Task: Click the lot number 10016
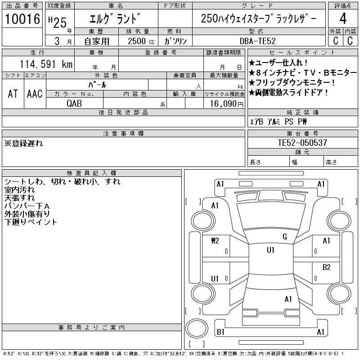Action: [x=22, y=19]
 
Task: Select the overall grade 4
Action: [x=343, y=18]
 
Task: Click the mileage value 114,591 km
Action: [x=46, y=64]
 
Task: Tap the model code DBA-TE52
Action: [x=257, y=41]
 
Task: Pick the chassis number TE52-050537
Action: [x=302, y=143]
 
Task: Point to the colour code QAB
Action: [x=74, y=103]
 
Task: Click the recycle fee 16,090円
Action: [x=227, y=104]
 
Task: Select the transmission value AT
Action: [x=13, y=94]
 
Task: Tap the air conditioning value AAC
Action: [x=35, y=94]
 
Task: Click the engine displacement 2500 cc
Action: [x=141, y=41]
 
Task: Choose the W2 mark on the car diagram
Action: [x=215, y=241]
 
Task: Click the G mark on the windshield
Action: [x=285, y=237]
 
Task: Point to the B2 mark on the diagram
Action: [x=326, y=267]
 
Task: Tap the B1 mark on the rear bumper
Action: [x=220, y=332]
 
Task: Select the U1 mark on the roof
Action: [x=270, y=250]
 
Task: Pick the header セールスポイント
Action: [x=302, y=53]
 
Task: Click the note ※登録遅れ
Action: [x=23, y=143]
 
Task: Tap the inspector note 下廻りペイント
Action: [x=31, y=222]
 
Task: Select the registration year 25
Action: [x=60, y=23]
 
